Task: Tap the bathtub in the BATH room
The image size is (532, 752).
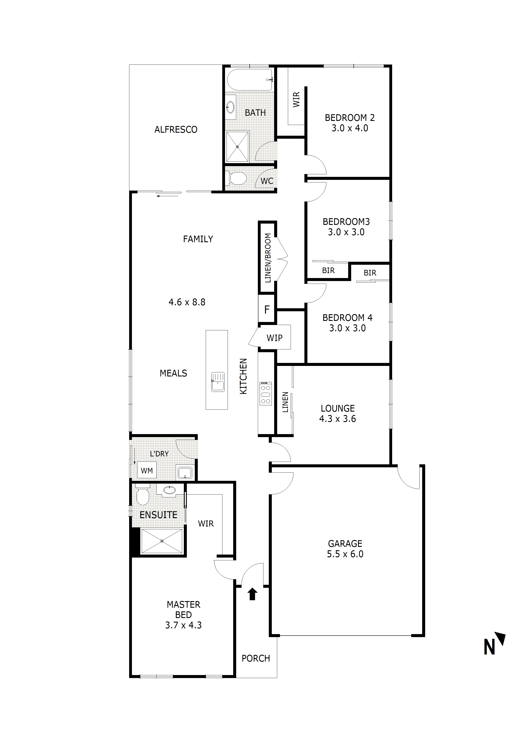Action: point(250,80)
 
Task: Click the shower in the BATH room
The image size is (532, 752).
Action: point(237,146)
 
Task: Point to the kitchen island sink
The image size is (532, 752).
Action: point(218,382)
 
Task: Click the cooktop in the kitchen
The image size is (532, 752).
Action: point(266,393)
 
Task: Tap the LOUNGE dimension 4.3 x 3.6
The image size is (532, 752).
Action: point(338,419)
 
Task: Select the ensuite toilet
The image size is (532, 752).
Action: point(143,494)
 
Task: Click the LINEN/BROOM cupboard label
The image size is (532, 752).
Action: point(268,258)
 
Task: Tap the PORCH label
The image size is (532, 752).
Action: point(256,658)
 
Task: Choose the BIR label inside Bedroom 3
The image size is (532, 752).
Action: point(328,271)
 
